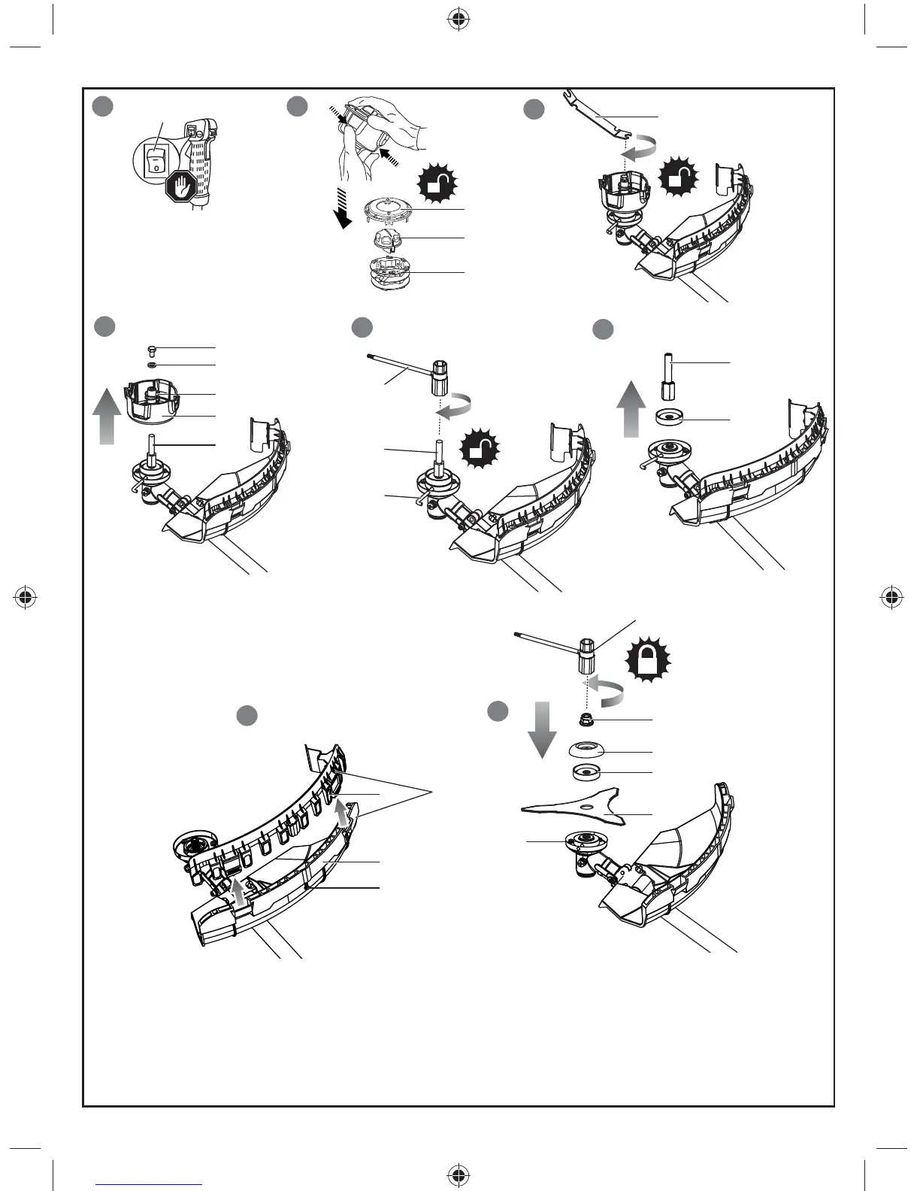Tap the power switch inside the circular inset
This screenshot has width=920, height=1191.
pyautogui.click(x=155, y=161)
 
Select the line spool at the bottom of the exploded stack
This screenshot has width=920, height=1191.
pyautogui.click(x=389, y=272)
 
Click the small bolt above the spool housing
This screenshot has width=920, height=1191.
pyautogui.click(x=151, y=348)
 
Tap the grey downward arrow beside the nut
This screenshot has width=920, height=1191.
pyautogui.click(x=540, y=729)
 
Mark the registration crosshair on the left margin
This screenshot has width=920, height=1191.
pyautogui.click(x=26, y=597)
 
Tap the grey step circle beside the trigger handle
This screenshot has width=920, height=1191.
pyautogui.click(x=103, y=106)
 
